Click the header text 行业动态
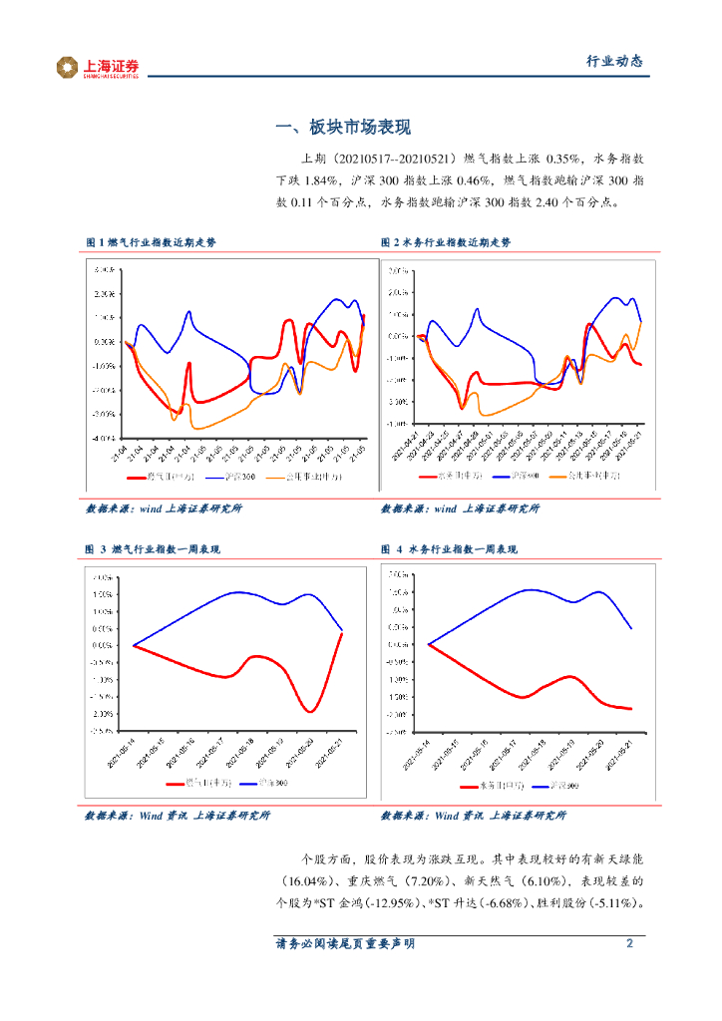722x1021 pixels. pyautogui.click(x=613, y=61)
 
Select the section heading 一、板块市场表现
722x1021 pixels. pyautogui.click(x=342, y=128)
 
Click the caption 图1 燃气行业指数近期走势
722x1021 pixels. pyautogui.click(x=151, y=242)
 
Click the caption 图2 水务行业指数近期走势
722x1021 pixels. pyautogui.click(x=446, y=242)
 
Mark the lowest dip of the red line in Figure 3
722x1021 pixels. pyautogui.click(x=310, y=711)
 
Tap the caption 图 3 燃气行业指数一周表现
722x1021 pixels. pyautogui.click(x=153, y=549)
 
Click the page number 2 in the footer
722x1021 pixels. pyautogui.click(x=629, y=943)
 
